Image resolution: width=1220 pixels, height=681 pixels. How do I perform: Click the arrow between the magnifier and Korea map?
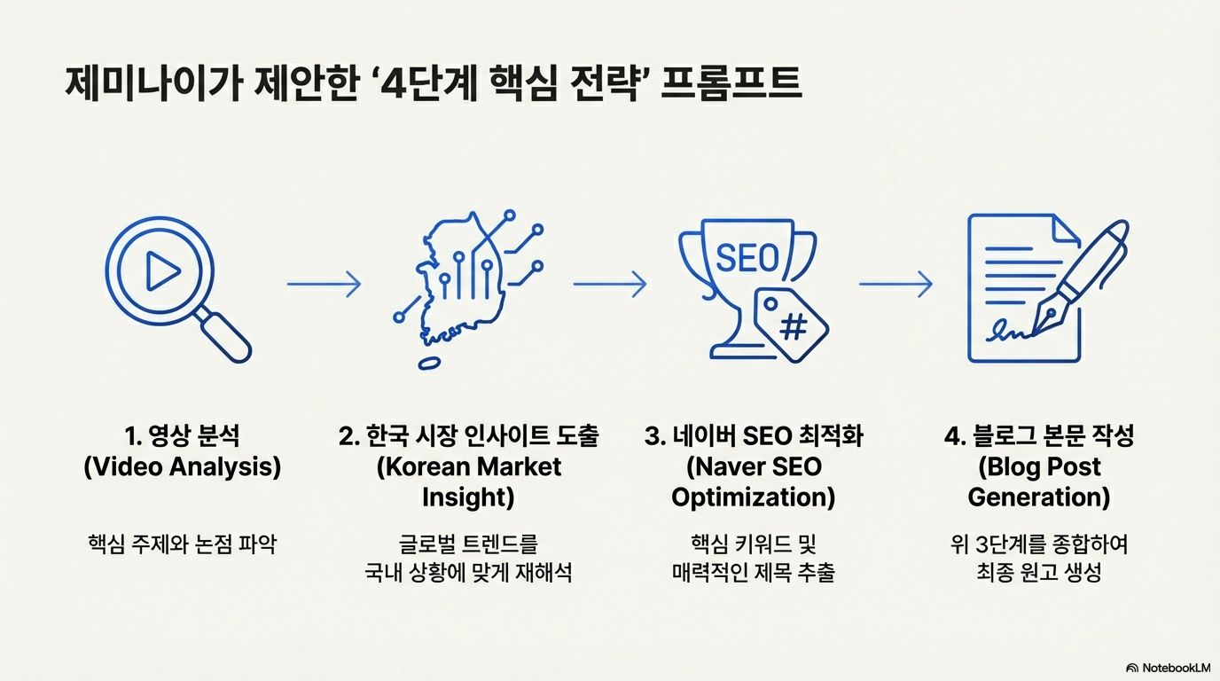[324, 284]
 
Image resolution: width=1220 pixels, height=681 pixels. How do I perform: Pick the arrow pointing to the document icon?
[895, 284]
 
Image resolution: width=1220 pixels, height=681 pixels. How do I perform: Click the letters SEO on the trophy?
[747, 258]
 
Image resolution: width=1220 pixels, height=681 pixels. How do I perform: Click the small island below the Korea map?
[430, 363]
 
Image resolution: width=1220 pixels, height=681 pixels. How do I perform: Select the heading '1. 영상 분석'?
[182, 436]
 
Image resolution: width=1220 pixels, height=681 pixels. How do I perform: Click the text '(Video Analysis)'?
[182, 466]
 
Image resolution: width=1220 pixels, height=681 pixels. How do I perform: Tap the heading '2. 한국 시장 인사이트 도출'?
[468, 436]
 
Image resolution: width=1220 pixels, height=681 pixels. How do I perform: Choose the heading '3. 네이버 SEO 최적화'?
[754, 436]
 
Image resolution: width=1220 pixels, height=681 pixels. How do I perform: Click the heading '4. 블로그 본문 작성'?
[1039, 436]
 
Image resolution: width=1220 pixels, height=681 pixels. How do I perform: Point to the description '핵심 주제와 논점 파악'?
[182, 543]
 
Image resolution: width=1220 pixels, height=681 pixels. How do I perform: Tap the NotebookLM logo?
[1168, 667]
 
